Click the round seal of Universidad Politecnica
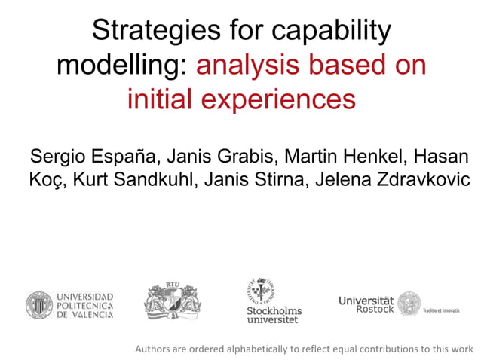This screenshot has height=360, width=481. tap(38, 305)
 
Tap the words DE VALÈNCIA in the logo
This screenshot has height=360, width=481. tap(84, 315)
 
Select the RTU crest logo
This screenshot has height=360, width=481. tap(173, 301)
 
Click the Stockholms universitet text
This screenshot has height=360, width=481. tap(274, 315)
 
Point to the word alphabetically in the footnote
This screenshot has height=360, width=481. tap(250, 349)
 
